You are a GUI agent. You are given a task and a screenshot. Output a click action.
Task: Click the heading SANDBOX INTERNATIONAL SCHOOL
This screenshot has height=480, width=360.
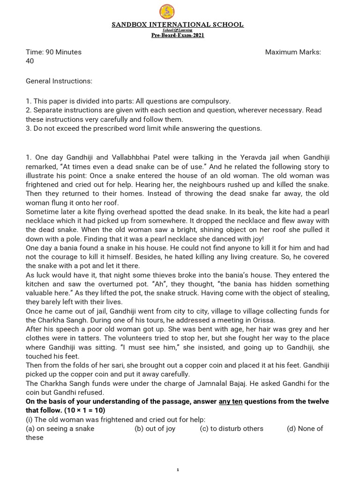coord(178,25)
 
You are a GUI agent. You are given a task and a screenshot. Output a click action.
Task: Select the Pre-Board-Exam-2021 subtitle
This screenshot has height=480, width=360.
coord(178,36)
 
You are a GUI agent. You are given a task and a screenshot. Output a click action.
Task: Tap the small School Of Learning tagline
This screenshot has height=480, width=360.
coord(178,30)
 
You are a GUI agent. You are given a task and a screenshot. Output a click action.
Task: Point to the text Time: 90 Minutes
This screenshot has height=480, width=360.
coord(53,52)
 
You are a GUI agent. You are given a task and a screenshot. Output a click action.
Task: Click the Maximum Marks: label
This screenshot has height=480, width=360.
coord(293,52)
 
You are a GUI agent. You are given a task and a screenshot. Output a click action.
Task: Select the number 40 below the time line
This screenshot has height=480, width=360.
coord(30,61)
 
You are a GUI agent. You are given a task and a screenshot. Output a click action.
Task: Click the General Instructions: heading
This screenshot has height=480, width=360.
coord(59,81)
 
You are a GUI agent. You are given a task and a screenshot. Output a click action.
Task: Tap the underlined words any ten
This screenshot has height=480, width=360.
coord(230,401)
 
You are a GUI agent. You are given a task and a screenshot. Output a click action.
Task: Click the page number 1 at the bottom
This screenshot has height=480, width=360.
coord(178,469)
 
